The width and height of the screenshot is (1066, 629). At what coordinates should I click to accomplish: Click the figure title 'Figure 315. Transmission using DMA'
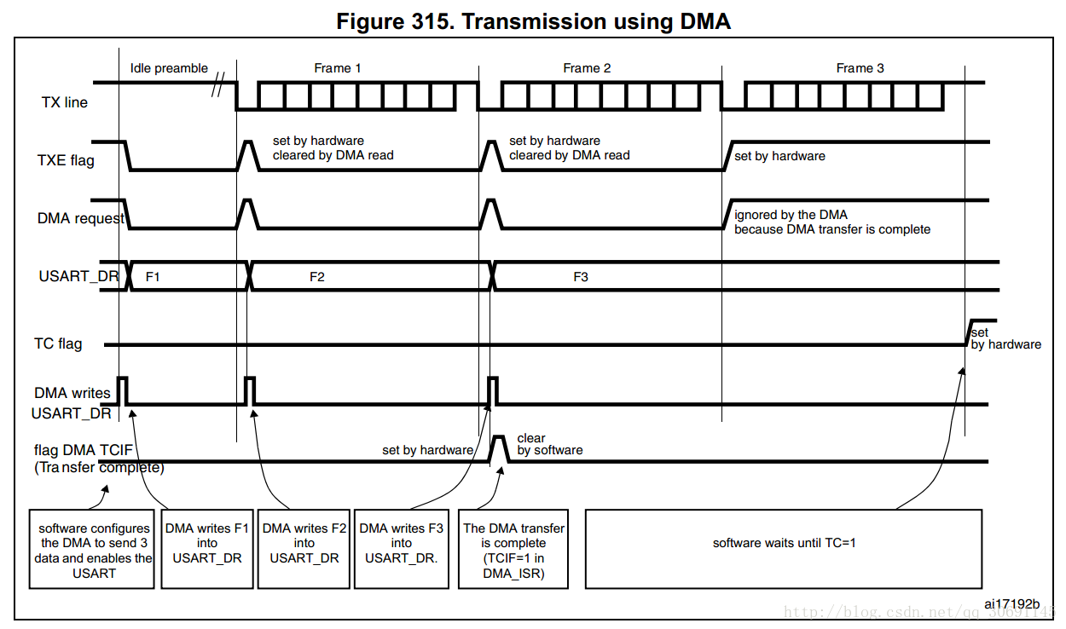(x=533, y=21)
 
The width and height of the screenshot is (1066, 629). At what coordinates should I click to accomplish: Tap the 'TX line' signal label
(x=65, y=103)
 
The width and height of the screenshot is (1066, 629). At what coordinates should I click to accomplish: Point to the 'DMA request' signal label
(x=80, y=218)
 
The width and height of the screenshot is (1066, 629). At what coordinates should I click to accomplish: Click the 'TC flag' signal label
(x=58, y=343)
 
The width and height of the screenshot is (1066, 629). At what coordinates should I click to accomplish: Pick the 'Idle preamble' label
(x=169, y=68)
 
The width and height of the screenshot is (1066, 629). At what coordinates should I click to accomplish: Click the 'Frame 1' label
(x=338, y=68)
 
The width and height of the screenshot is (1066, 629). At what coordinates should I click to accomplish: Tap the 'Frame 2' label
(x=587, y=68)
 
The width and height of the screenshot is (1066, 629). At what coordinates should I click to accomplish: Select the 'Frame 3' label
(x=860, y=68)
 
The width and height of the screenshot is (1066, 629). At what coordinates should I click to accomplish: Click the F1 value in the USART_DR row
(x=154, y=277)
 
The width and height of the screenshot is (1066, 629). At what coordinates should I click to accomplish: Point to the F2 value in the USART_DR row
(x=317, y=277)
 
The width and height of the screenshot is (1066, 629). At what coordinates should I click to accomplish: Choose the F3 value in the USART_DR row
(x=581, y=277)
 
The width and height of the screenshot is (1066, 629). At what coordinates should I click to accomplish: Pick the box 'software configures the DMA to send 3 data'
(x=92, y=549)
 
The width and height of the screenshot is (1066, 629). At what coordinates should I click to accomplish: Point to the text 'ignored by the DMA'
(x=791, y=215)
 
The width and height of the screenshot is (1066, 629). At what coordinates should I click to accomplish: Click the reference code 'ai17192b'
(x=1011, y=604)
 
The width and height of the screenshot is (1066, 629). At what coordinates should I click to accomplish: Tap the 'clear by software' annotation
(x=549, y=444)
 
